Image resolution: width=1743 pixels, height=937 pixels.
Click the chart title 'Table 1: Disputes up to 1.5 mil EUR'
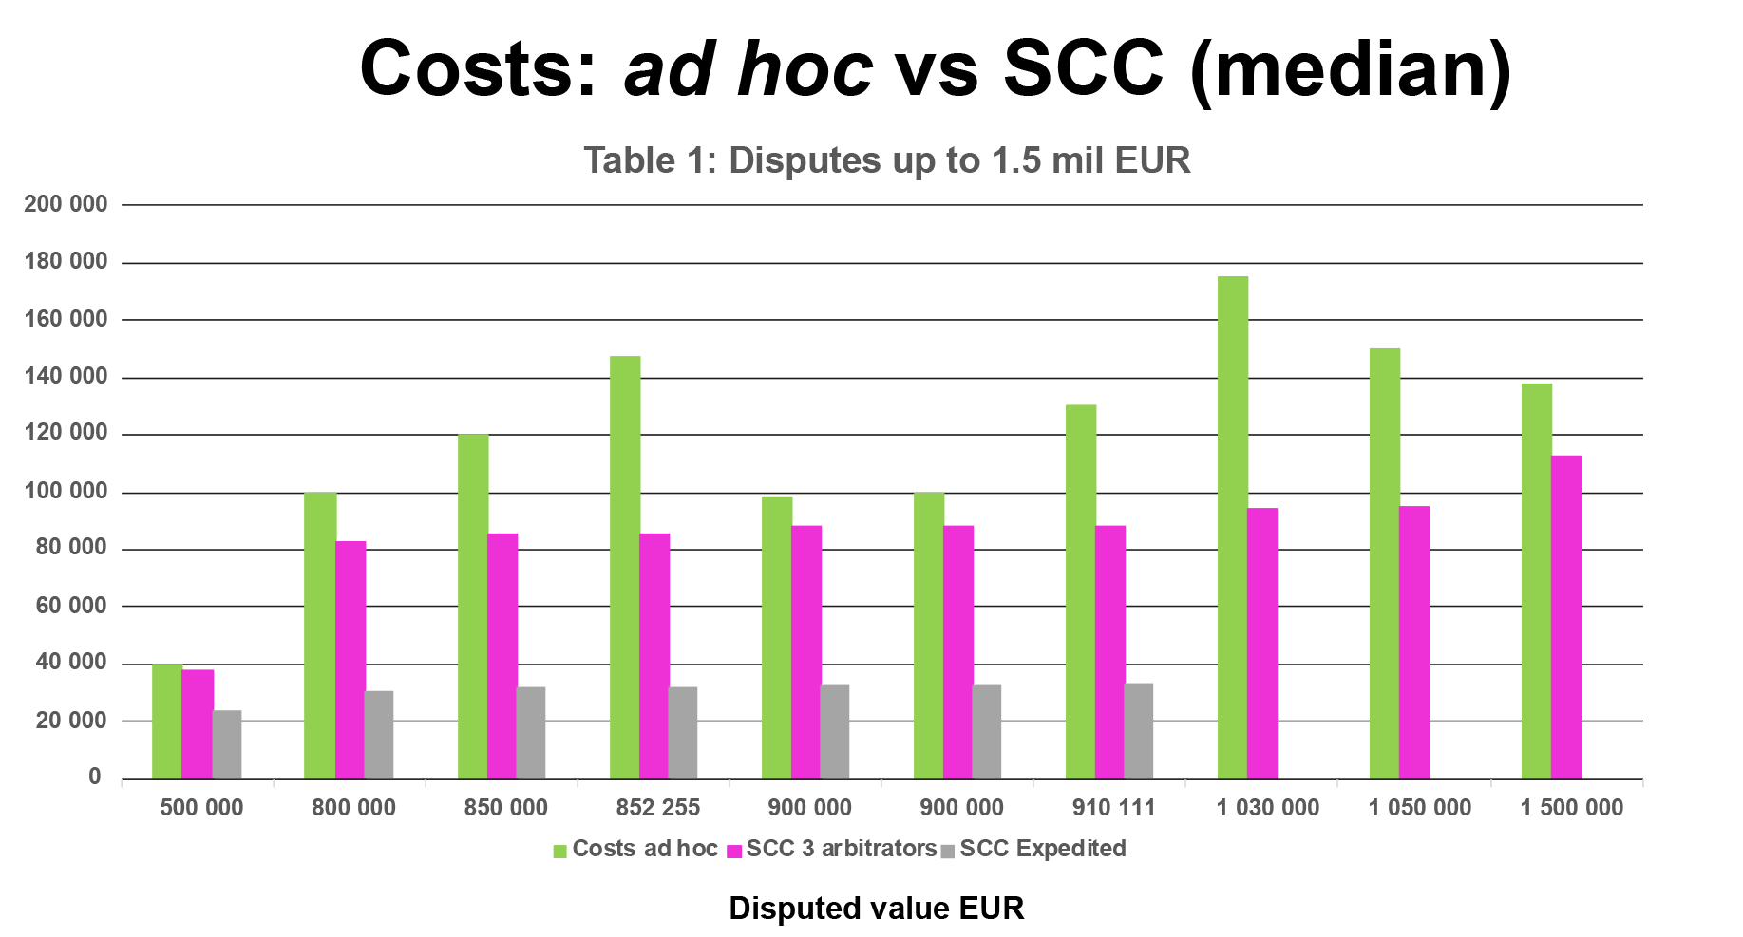tap(886, 160)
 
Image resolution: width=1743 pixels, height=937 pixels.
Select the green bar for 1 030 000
tap(1233, 527)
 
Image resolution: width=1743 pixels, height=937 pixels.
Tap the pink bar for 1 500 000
tap(1566, 617)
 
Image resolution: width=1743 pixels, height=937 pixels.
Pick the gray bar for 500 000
tap(227, 744)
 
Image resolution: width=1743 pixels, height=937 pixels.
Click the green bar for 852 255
tap(625, 567)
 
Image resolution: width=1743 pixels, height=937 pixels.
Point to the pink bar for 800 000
tap(350, 660)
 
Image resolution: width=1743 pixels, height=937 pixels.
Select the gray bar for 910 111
tap(1139, 731)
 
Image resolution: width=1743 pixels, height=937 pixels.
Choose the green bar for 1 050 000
tap(1385, 563)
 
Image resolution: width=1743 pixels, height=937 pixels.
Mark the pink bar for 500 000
tap(198, 723)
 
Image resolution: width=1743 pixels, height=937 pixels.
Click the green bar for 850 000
tap(473, 606)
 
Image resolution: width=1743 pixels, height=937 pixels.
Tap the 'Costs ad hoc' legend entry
tap(635, 849)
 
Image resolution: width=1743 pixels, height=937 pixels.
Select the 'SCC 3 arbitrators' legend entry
tap(832, 849)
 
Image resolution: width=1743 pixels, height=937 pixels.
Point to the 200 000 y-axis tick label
tap(66, 204)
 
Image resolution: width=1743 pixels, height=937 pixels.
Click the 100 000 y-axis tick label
tap(66, 491)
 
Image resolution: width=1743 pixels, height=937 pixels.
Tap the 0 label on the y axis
tap(94, 777)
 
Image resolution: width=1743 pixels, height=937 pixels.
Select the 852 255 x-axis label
tap(657, 808)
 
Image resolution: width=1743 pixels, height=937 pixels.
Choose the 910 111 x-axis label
tap(1113, 808)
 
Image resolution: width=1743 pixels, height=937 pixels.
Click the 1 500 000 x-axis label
tap(1571, 808)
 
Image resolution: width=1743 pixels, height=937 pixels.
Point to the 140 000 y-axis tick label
tap(66, 376)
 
